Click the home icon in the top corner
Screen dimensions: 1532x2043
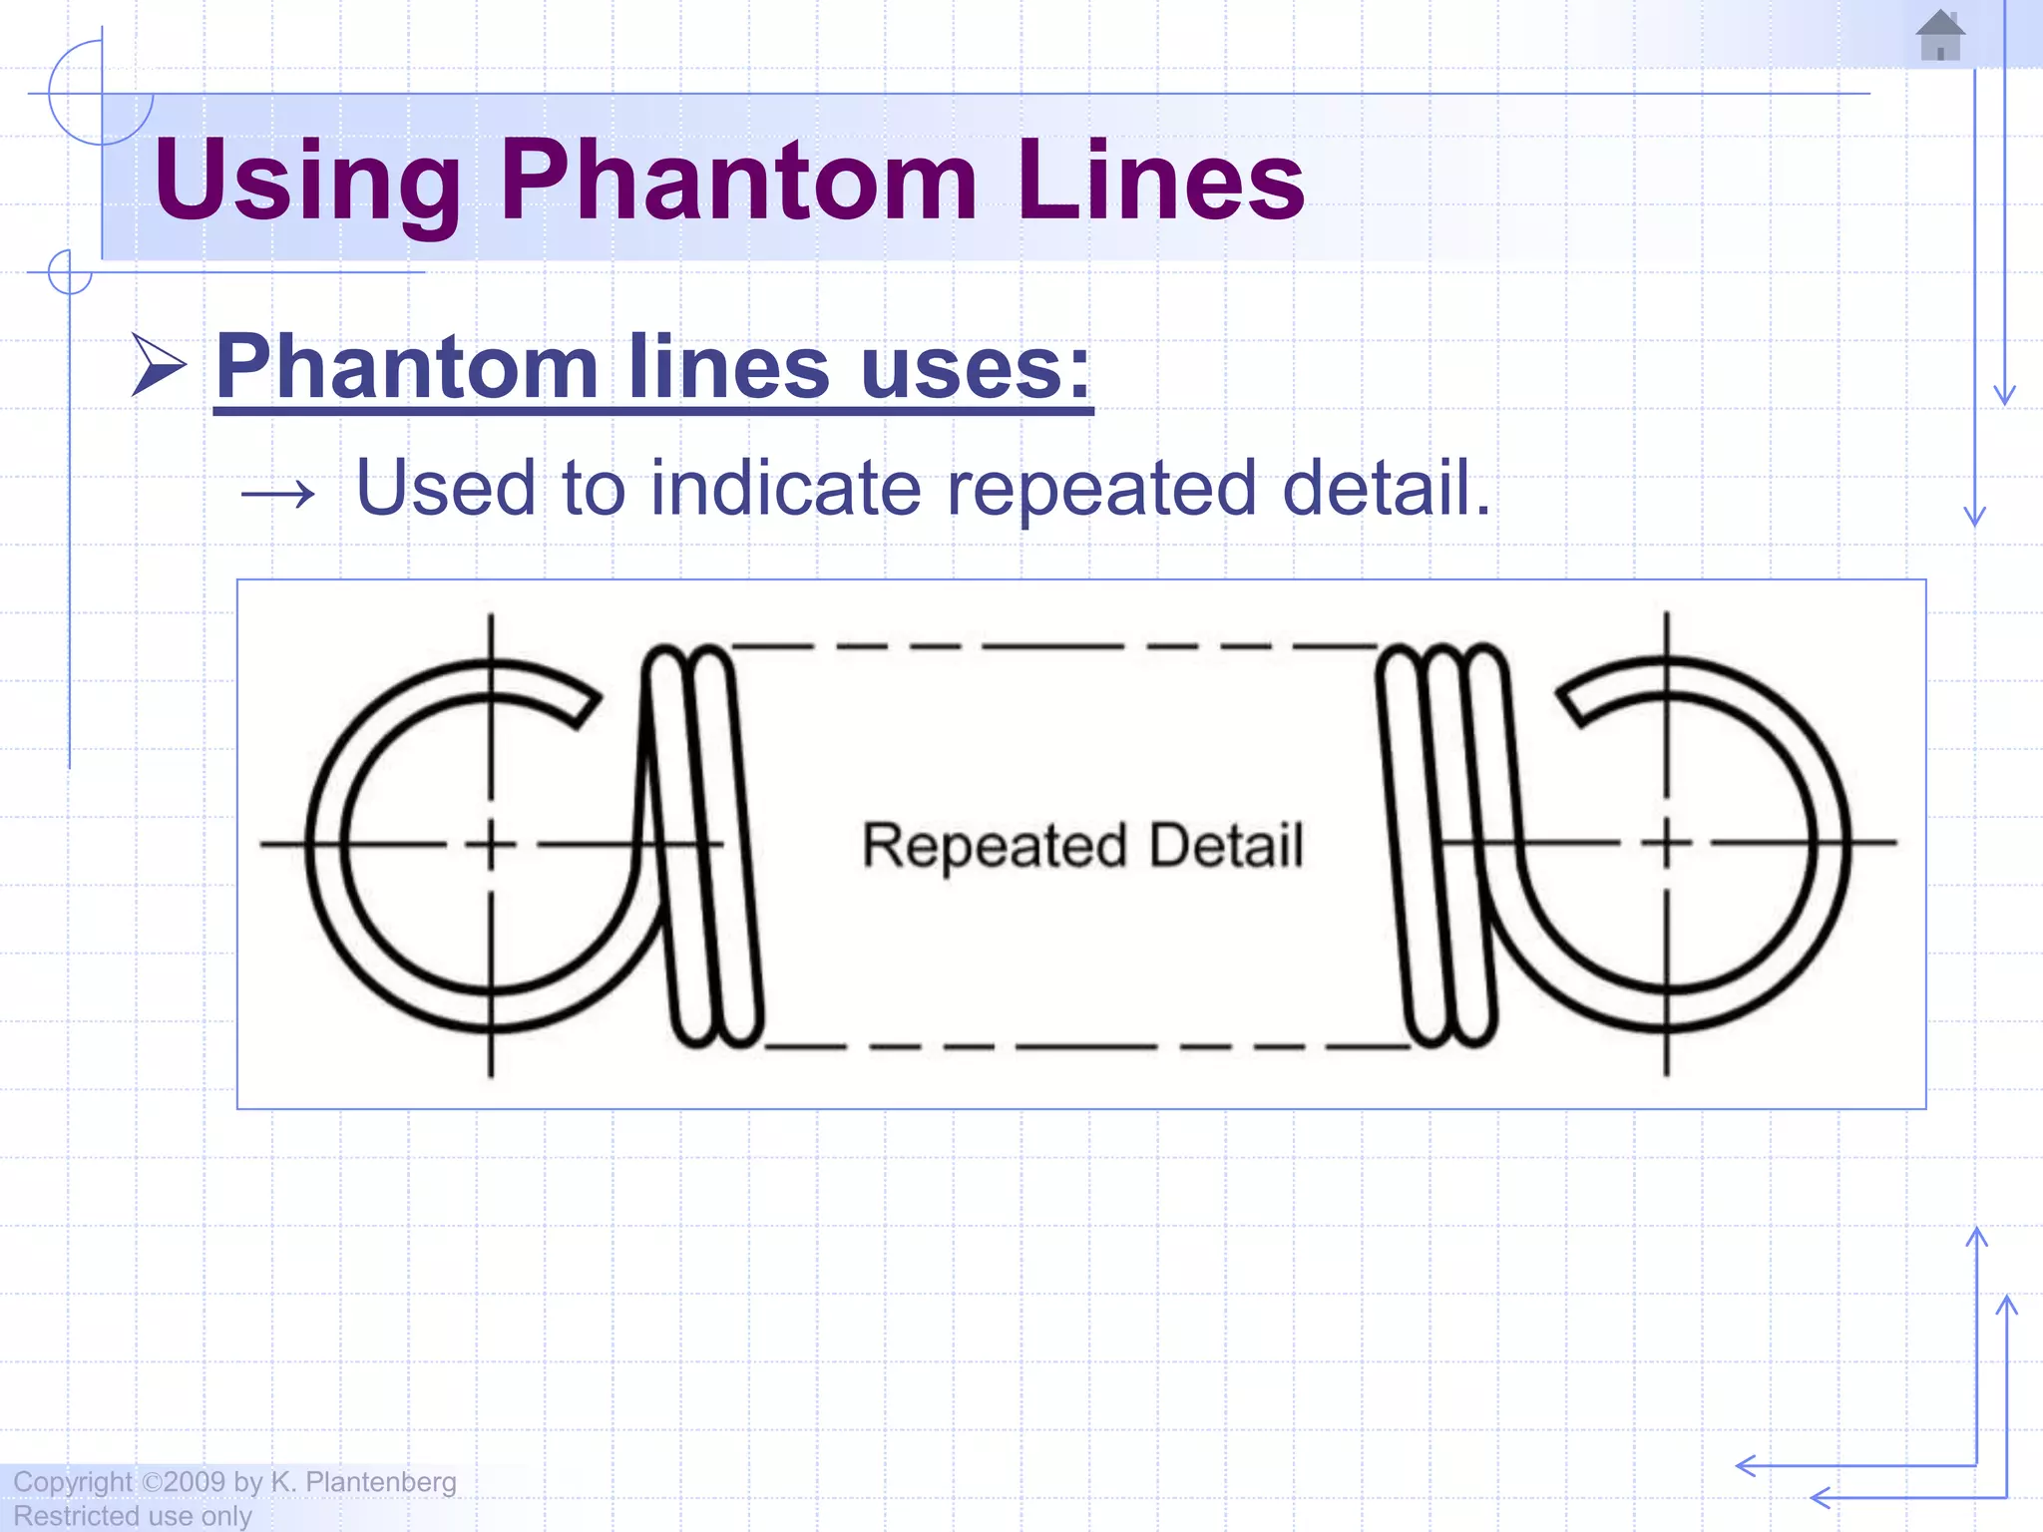[1940, 36]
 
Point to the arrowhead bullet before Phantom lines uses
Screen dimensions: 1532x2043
[159, 366]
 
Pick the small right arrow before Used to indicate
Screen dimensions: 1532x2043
[278, 492]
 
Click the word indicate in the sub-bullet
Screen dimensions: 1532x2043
[786, 488]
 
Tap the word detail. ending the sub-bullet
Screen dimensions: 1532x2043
[1387, 488]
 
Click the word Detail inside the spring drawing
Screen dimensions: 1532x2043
[1226, 846]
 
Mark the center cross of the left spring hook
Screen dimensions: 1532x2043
[491, 845]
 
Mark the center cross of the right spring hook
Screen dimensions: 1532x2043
[1666, 844]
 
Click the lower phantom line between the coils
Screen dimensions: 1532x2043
[1087, 1046]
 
